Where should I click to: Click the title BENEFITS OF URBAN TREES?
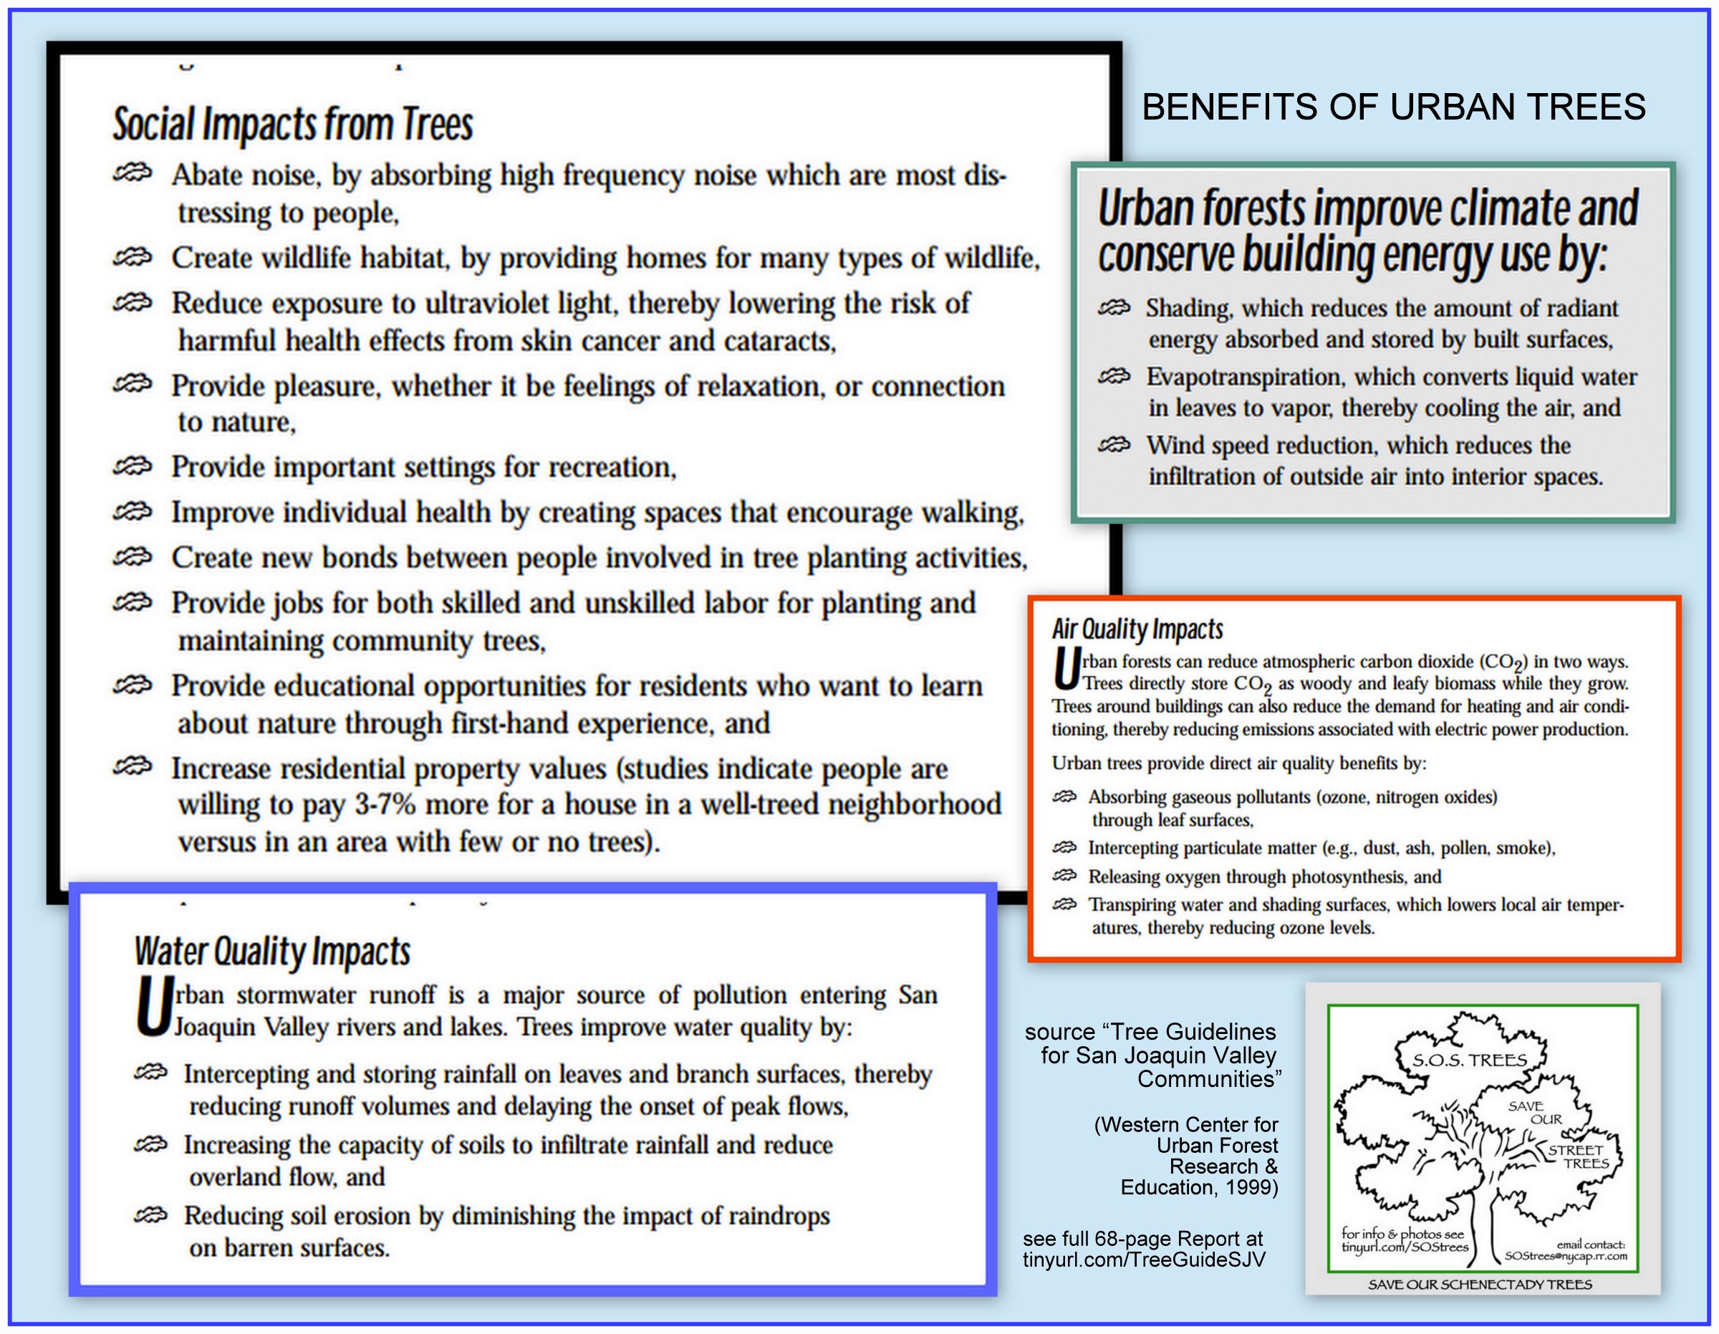point(1393,107)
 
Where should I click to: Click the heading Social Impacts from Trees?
point(293,125)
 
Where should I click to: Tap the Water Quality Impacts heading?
point(272,951)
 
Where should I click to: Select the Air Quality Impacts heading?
point(1137,629)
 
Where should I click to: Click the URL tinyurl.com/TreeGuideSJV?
point(1145,1260)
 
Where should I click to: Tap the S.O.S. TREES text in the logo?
point(1470,1060)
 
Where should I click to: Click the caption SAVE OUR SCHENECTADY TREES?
point(1480,1285)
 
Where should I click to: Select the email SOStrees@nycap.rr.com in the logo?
point(1566,1256)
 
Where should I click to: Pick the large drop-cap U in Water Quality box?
point(153,1007)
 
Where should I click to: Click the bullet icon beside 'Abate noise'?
point(133,173)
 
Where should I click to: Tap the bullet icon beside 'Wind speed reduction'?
point(1114,445)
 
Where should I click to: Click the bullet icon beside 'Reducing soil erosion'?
point(150,1216)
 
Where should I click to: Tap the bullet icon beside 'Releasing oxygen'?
point(1064,876)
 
